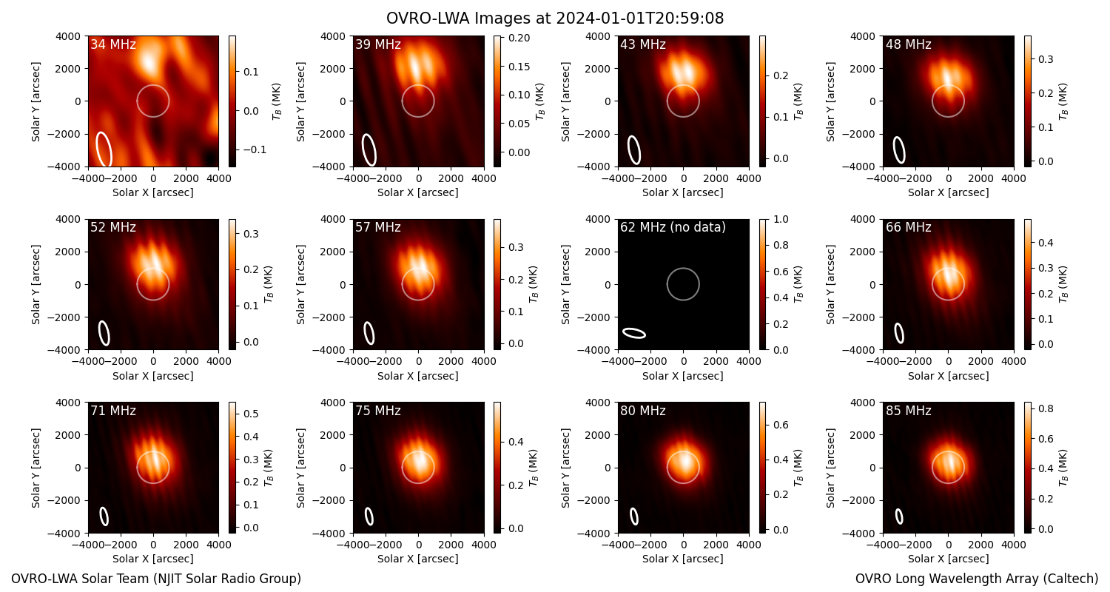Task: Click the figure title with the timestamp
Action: click(555, 18)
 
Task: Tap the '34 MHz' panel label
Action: click(113, 44)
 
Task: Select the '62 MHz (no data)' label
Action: click(673, 227)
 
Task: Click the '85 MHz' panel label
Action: click(908, 411)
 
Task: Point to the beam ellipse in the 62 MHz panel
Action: click(634, 333)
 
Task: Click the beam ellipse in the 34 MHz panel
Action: click(104, 149)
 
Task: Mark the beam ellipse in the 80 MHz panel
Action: click(634, 517)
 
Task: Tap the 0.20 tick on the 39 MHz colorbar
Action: click(519, 38)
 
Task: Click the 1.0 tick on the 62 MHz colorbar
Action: click(781, 219)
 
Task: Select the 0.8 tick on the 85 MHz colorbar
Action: click(1046, 408)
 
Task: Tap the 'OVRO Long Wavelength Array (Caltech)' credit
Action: click(977, 579)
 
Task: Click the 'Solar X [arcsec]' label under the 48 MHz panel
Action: click(949, 192)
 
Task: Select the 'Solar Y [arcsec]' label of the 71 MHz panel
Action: click(36, 468)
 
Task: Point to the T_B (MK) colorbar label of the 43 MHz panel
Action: click(798, 101)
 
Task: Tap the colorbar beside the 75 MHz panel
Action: click(497, 468)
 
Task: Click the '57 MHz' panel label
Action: click(378, 227)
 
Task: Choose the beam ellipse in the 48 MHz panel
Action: click(899, 149)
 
